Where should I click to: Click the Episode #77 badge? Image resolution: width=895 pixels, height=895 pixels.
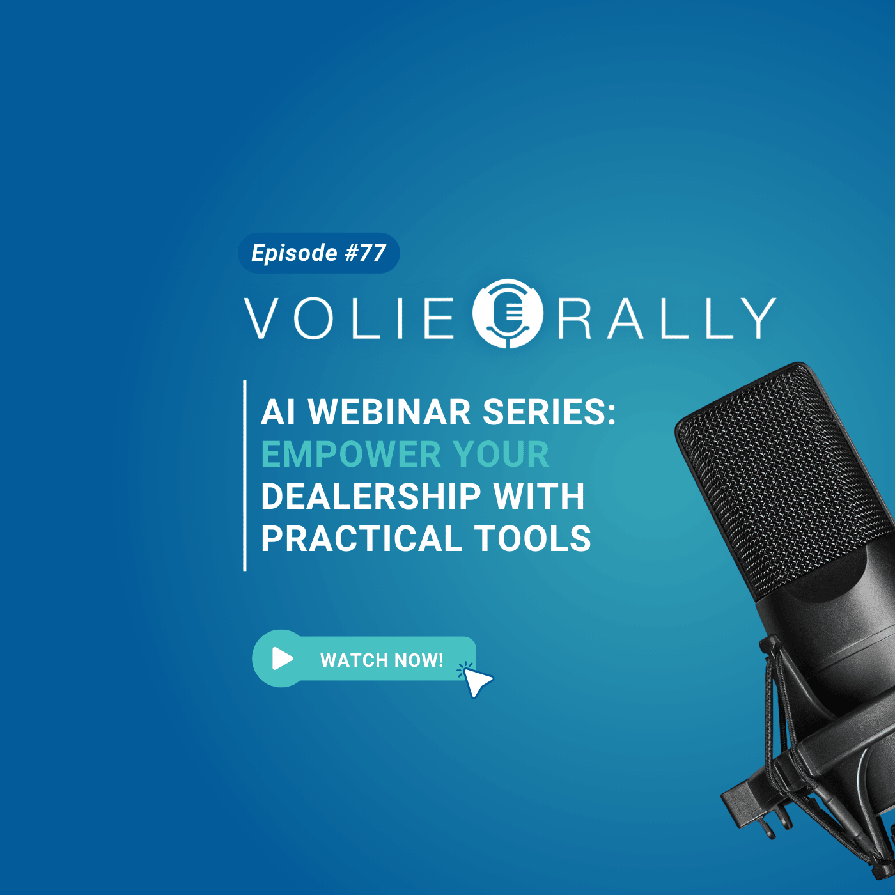tap(318, 253)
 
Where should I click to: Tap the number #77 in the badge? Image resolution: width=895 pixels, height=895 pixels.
tap(366, 253)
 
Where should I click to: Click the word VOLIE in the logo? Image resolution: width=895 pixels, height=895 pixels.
tap(349, 318)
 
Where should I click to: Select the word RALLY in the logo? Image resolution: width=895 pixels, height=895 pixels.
tap(667, 318)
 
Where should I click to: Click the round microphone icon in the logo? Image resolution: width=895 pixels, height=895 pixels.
tap(508, 313)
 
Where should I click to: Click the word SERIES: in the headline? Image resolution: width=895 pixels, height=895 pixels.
tap(549, 412)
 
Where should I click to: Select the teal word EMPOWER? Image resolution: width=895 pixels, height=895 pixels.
tap(351, 454)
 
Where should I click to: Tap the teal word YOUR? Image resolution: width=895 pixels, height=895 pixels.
tap(501, 454)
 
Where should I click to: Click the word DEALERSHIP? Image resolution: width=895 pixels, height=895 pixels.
tap(371, 496)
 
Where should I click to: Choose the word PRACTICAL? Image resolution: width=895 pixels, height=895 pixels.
tap(361, 538)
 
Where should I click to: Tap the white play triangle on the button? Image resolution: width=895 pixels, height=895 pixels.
tap(283, 658)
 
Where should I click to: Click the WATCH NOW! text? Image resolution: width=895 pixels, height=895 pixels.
tap(382, 660)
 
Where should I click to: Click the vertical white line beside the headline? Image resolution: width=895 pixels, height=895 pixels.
tap(245, 475)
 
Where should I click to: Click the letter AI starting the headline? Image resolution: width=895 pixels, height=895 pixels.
tap(277, 412)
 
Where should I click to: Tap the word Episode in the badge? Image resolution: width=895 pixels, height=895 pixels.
tap(294, 253)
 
